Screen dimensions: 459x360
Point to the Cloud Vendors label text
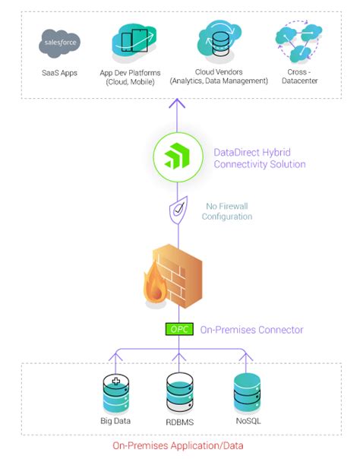pos(218,75)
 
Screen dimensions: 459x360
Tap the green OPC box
pos(179,330)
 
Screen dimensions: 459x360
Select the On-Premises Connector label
pos(251,330)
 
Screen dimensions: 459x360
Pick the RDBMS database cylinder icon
pos(179,391)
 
